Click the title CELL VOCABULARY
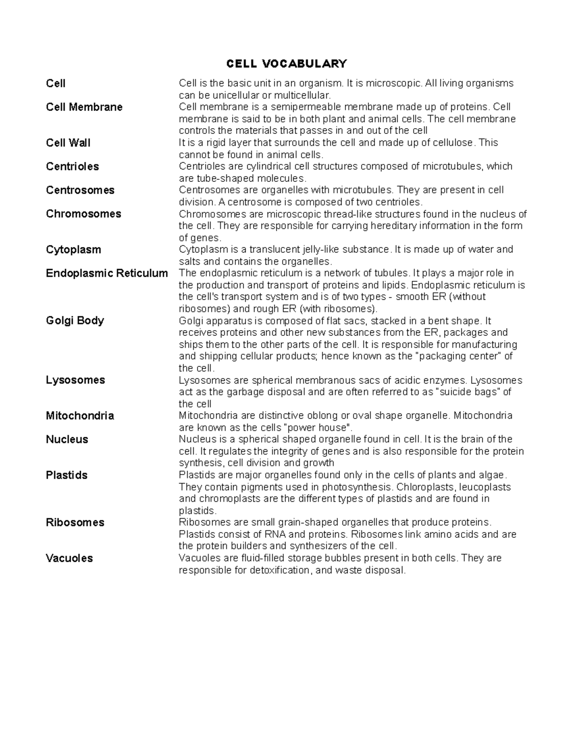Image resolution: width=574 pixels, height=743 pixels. (287, 64)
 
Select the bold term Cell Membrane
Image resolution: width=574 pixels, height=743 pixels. (84, 107)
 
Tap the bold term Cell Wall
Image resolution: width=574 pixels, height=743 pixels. (68, 143)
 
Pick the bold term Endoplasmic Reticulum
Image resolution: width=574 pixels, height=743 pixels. (107, 273)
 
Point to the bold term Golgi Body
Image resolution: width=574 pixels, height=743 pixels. (75, 321)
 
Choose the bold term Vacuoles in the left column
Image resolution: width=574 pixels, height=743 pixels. (69, 558)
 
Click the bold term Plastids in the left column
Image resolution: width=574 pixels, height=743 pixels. (66, 475)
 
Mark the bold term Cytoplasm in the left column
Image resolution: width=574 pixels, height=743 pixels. (73, 250)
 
